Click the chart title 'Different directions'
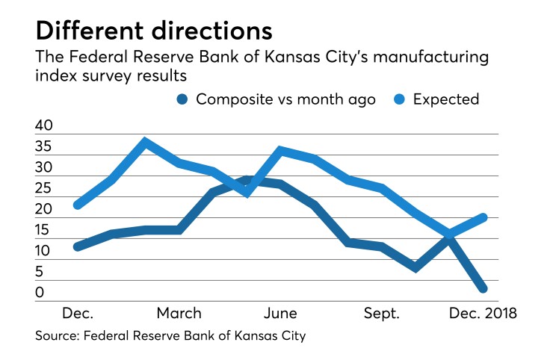pos(153,31)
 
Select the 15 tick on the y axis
pos(44,231)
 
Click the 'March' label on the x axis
pos(179,312)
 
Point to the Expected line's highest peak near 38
pos(145,142)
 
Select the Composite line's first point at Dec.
pos(78,246)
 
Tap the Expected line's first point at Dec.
pos(78,205)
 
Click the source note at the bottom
pos(170,336)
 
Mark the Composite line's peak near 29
pos(247,180)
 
